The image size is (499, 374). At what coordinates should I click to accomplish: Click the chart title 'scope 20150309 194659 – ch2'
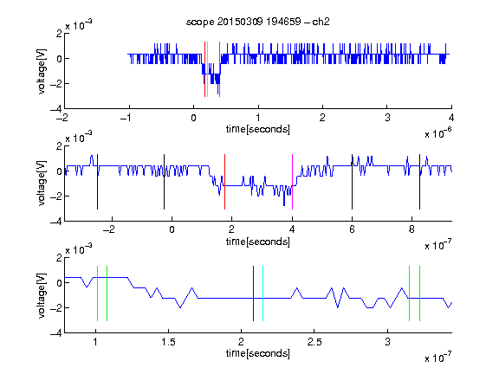coord(258,22)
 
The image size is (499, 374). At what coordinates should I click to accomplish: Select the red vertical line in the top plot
coord(204,69)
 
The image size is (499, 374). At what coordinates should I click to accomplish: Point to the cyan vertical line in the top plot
coord(207,69)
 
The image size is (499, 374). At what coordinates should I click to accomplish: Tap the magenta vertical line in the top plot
coord(219,69)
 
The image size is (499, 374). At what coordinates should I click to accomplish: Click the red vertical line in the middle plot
coord(224,182)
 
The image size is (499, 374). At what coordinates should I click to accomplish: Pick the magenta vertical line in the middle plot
coord(292,182)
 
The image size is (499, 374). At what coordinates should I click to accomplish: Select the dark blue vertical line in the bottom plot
coord(253,293)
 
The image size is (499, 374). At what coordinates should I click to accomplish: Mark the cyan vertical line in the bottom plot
coord(262,293)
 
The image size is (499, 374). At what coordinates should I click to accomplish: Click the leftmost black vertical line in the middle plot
coord(97,182)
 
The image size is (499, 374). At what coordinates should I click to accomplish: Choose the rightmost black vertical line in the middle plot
coord(419,182)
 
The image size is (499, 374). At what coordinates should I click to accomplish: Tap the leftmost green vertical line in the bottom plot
coord(97,293)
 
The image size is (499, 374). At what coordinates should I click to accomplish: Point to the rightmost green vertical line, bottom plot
coord(420,293)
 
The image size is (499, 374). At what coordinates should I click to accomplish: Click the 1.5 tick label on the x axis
coord(168,342)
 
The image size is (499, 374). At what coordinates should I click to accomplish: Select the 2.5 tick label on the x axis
coord(314,342)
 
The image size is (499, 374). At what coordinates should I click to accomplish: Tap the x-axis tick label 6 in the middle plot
coord(352,229)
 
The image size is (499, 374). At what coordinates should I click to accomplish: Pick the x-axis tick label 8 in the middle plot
coord(412,229)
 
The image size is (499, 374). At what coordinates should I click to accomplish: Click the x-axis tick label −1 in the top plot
coord(126,118)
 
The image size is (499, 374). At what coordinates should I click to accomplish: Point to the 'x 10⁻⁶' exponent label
coord(438,132)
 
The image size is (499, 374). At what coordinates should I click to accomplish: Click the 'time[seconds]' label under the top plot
coord(258,129)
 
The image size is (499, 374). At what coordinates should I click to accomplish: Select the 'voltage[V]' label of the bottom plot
coord(42,295)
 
